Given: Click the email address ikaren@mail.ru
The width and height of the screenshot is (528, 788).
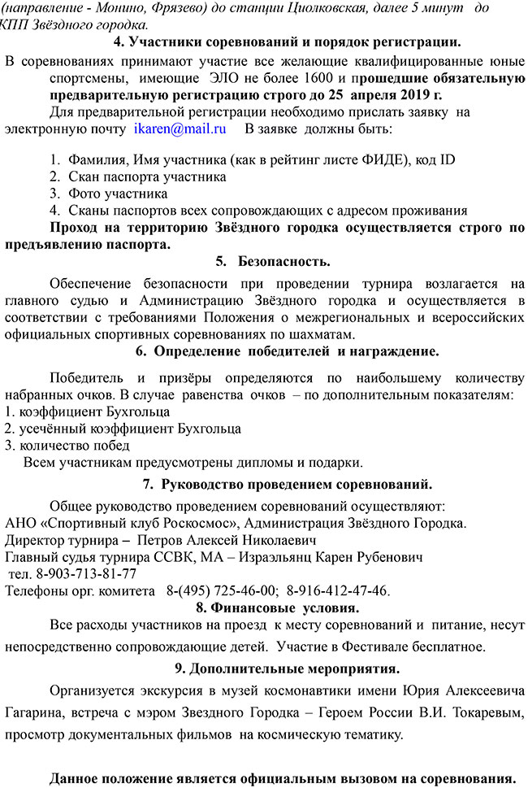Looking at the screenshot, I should pyautogui.click(x=180, y=128).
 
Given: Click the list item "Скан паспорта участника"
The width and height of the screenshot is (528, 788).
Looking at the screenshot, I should pyautogui.click(x=147, y=176).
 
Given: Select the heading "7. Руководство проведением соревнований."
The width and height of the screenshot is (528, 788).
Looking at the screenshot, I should pyautogui.click(x=287, y=485).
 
